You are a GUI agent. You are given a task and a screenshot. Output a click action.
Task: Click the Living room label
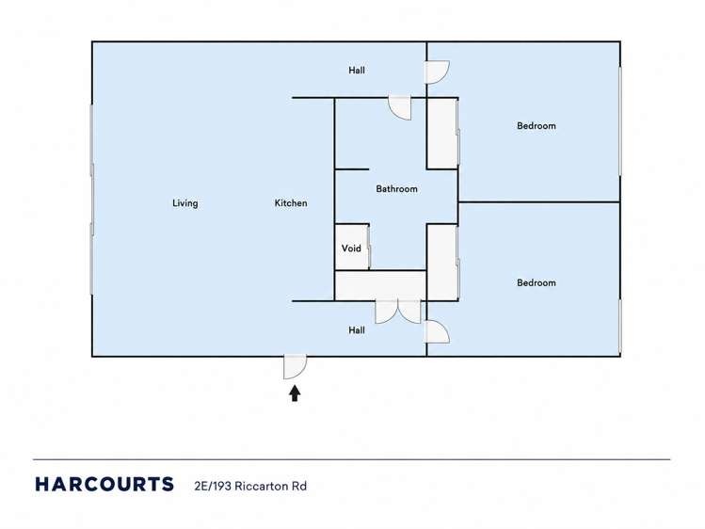pos(184,203)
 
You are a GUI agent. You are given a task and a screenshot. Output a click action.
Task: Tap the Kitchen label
pos(291,203)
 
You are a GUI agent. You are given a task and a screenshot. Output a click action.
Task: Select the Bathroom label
pos(396,189)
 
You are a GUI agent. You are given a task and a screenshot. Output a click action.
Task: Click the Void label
pos(351,248)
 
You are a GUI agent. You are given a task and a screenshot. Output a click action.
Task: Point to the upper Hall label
pos(357,70)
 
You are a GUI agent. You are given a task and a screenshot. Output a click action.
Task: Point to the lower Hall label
pos(357,330)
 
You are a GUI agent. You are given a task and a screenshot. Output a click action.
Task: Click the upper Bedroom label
pos(537,126)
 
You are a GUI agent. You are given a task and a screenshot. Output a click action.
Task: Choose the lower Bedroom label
pos(537,282)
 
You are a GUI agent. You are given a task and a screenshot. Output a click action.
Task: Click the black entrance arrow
pos(295,393)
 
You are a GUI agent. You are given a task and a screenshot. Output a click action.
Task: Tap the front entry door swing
pos(295,367)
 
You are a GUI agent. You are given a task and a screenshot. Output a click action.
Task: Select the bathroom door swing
pos(400,108)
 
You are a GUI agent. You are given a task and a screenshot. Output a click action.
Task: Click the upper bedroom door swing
pos(437,72)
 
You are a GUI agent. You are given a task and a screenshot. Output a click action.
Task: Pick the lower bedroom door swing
pos(437,331)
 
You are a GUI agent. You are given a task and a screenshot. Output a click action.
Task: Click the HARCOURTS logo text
pos(104,485)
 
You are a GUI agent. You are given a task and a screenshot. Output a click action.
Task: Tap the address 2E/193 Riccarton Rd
pos(250,486)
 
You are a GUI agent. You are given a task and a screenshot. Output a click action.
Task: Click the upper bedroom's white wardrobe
pos(442,134)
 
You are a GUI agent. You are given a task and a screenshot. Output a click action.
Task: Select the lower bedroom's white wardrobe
pos(442,262)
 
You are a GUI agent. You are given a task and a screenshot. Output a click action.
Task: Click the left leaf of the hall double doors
pos(387,312)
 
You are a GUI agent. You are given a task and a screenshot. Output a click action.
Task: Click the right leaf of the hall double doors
pos(409,312)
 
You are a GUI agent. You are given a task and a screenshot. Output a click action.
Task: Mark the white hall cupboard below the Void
pos(381,285)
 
